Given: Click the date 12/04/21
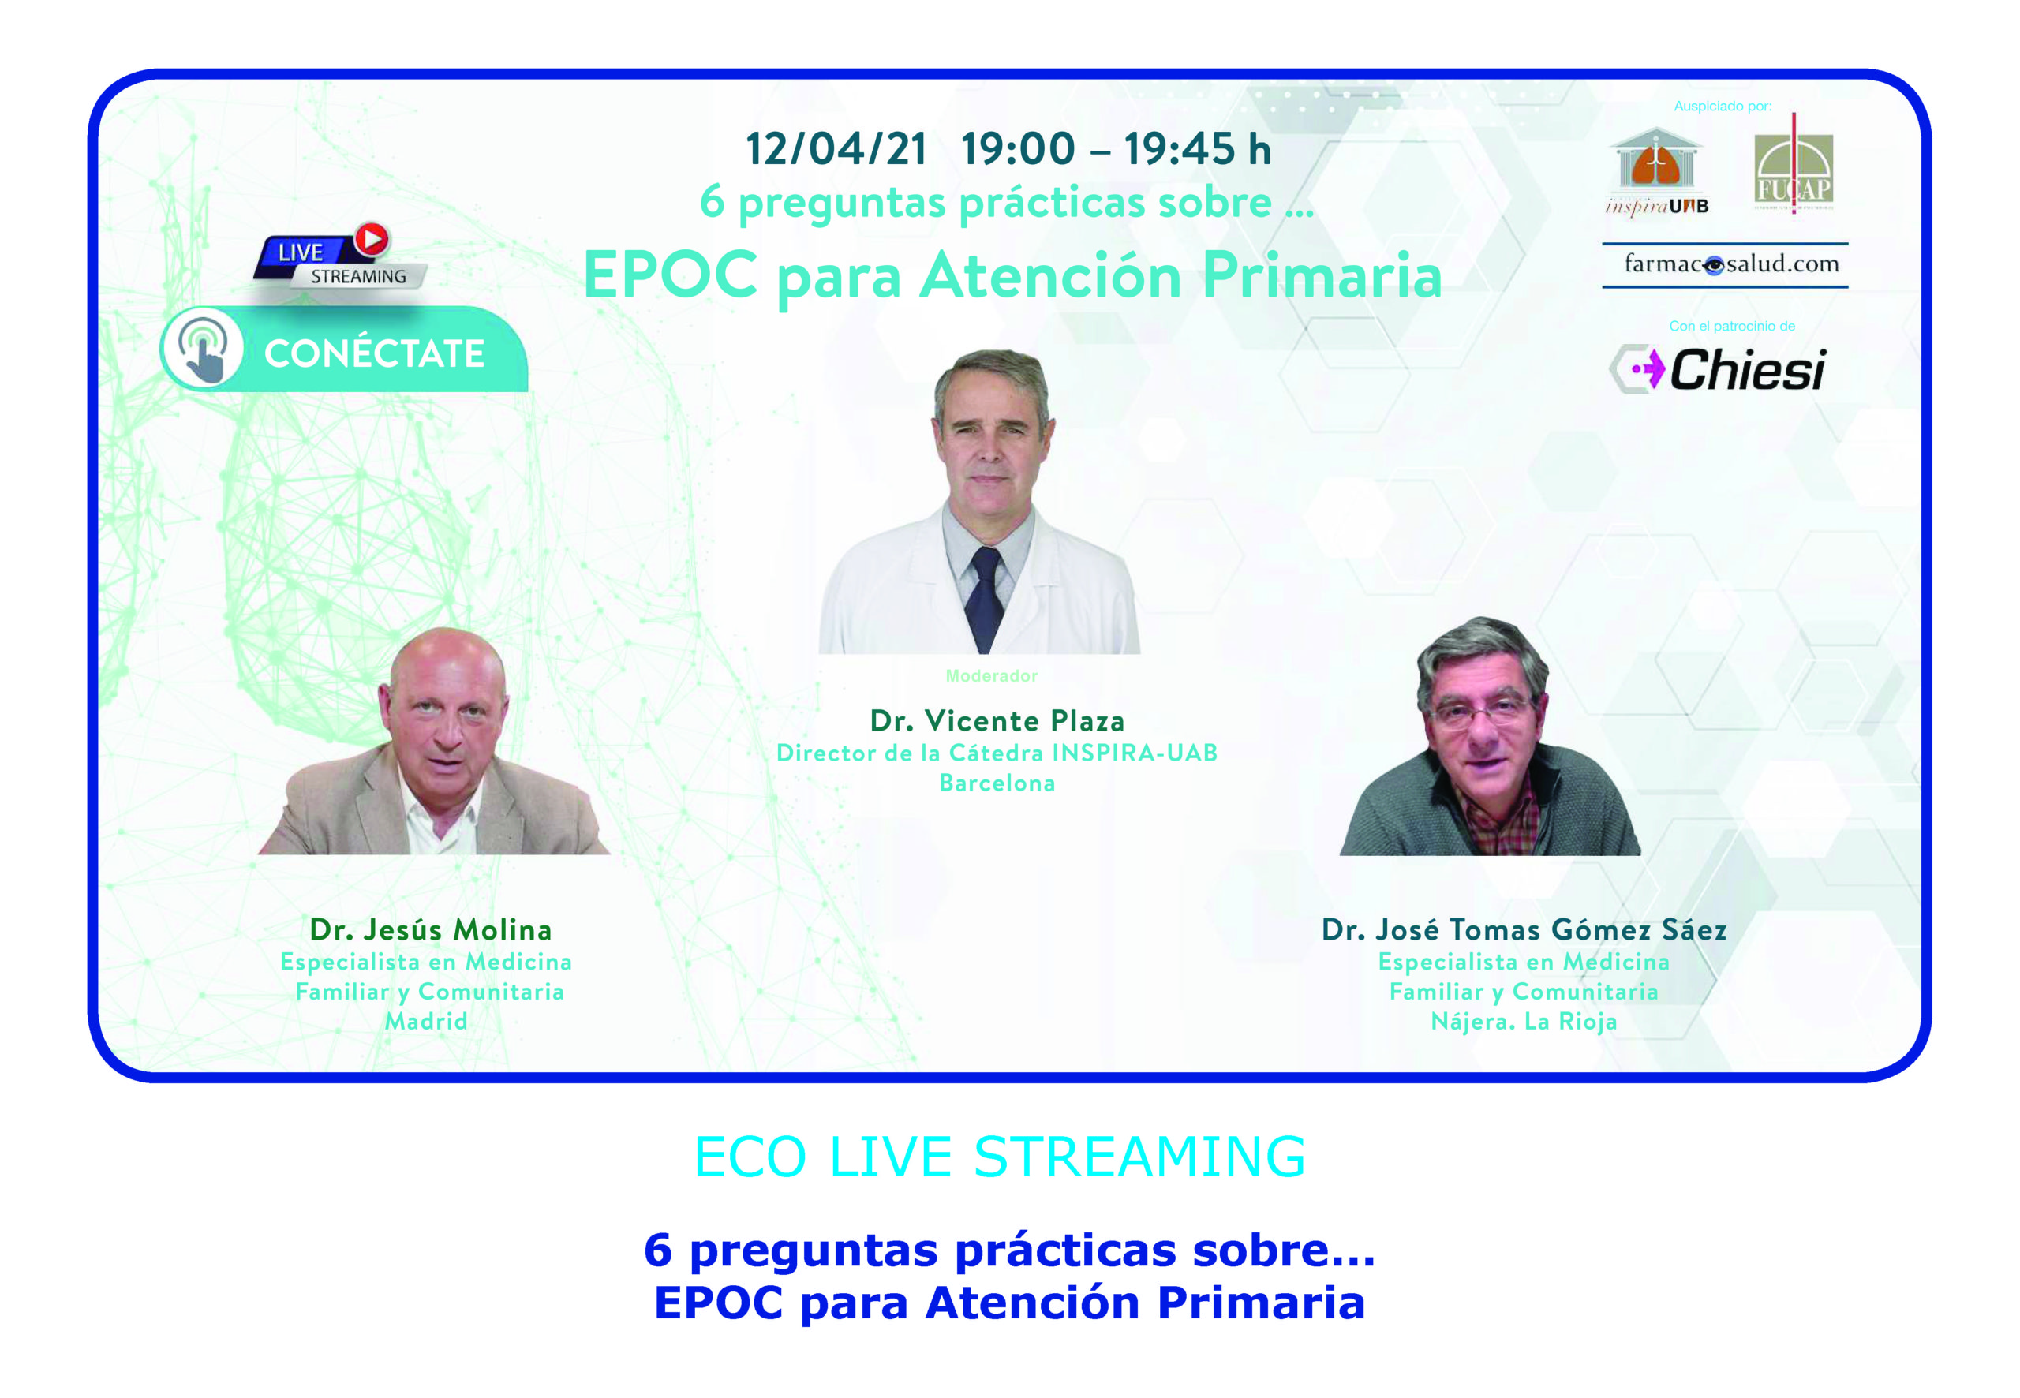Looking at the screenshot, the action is point(836,149).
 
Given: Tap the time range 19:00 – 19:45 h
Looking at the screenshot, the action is point(1115,149).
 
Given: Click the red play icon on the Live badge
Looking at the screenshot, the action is point(372,239).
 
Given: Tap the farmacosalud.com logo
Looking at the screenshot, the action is point(1725,264).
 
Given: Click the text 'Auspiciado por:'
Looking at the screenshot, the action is point(1723,106).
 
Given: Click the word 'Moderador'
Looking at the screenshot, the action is point(992,675).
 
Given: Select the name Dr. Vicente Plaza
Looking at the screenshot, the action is point(997,721).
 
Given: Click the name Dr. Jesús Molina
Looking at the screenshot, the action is point(430,929).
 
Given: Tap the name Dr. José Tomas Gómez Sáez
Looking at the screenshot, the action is point(1524,929).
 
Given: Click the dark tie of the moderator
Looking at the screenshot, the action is point(985,598).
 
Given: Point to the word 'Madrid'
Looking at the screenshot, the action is point(427,1022).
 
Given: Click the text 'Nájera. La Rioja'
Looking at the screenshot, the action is point(1524,1022).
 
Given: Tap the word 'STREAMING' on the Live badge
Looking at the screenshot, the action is point(358,277).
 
